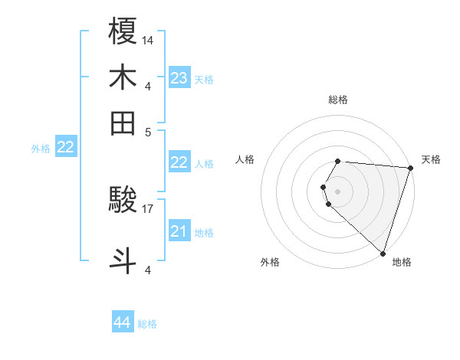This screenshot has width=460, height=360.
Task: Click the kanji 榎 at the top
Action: (x=123, y=31)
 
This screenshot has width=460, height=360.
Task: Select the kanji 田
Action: (x=123, y=122)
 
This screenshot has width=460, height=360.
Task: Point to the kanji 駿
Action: (x=123, y=201)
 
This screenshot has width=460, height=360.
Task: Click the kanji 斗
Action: (x=123, y=259)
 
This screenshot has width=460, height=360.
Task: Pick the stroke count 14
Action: (x=148, y=40)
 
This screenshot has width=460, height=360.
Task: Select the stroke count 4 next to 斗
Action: (x=148, y=269)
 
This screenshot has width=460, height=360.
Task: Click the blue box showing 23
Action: (x=179, y=77)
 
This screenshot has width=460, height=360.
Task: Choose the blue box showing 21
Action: (x=179, y=231)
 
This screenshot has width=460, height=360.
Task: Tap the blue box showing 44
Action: (x=123, y=322)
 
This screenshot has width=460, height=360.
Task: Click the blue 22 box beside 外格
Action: (x=66, y=147)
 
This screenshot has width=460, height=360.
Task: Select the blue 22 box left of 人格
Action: (x=179, y=162)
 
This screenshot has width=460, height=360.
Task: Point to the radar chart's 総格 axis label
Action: (x=338, y=100)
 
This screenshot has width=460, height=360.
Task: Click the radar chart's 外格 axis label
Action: (x=270, y=263)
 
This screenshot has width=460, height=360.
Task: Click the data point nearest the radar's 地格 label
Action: (x=383, y=254)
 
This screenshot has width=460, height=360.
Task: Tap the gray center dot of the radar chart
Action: (x=338, y=191)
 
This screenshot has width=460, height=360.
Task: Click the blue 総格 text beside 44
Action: (x=147, y=324)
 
